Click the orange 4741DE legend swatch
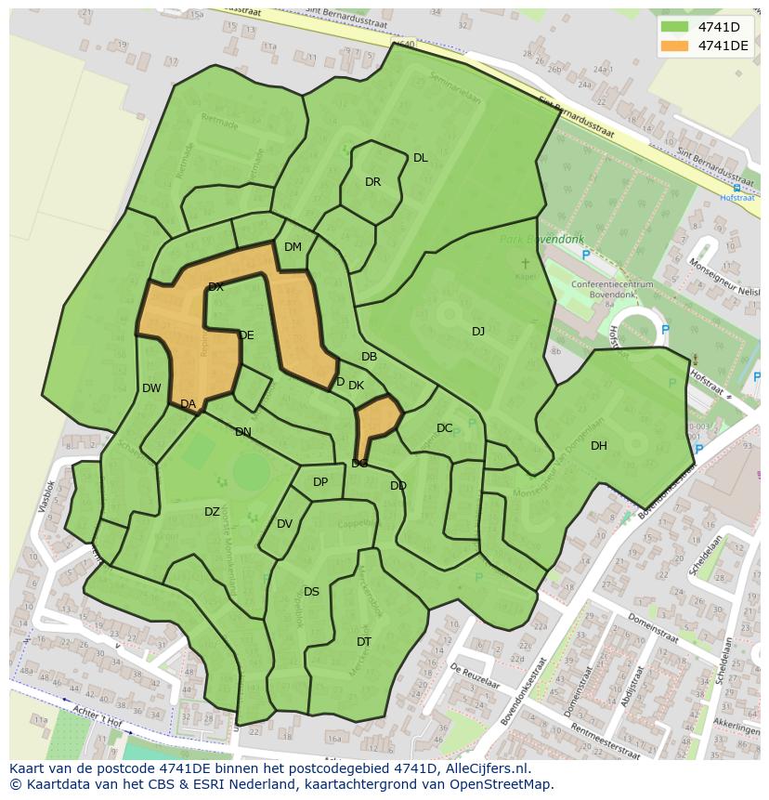pyautogui.click(x=675, y=46)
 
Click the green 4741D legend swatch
pyautogui.click(x=675, y=27)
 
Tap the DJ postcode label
pyautogui.click(x=478, y=332)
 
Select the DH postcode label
pyautogui.click(x=599, y=446)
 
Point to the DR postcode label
pyautogui.click(x=372, y=182)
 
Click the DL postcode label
pyautogui.click(x=421, y=158)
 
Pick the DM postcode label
pyautogui.click(x=293, y=247)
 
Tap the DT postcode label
pyautogui.click(x=364, y=642)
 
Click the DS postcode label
pyautogui.click(x=311, y=592)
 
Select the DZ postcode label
pyautogui.click(x=212, y=512)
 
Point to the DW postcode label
pyautogui.click(x=151, y=388)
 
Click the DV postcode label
pyautogui.click(x=284, y=524)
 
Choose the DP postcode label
pyautogui.click(x=320, y=482)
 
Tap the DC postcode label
pyautogui.click(x=445, y=428)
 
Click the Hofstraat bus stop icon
pyautogui.click(x=736, y=188)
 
